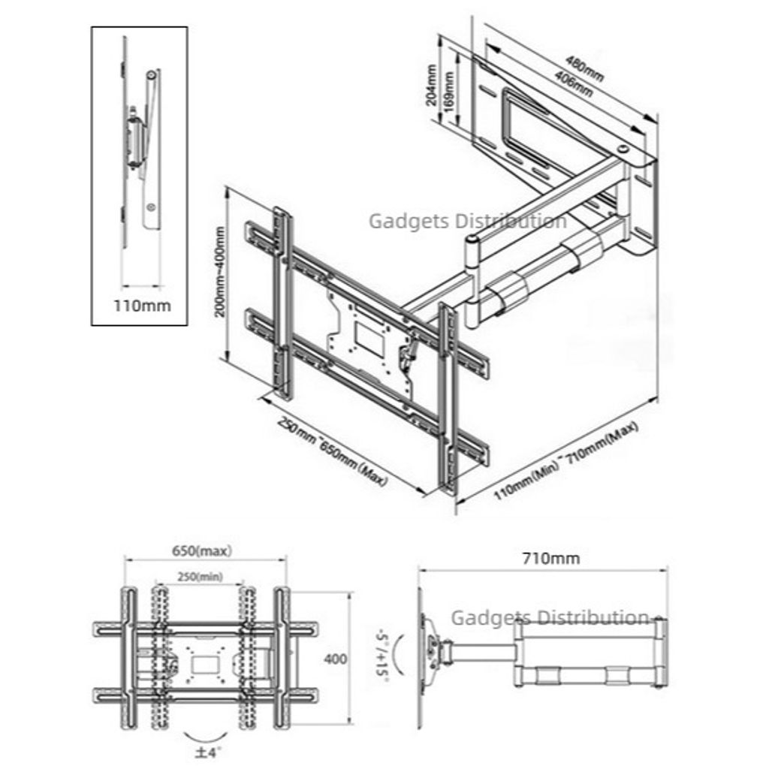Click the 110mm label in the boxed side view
pos(142,306)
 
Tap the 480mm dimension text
pos(584,68)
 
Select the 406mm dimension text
pos(573,84)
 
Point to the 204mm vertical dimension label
pos(431,85)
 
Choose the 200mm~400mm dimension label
pos(220,271)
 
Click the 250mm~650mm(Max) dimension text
pos(333,452)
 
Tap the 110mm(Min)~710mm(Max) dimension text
pos(566,461)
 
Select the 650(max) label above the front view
pos(201,550)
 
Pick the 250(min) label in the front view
pos(200,577)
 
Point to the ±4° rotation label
pos(208,752)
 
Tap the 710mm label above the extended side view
pos(550,558)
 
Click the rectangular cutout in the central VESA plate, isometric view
pos(369,339)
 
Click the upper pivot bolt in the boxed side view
pos(151,75)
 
